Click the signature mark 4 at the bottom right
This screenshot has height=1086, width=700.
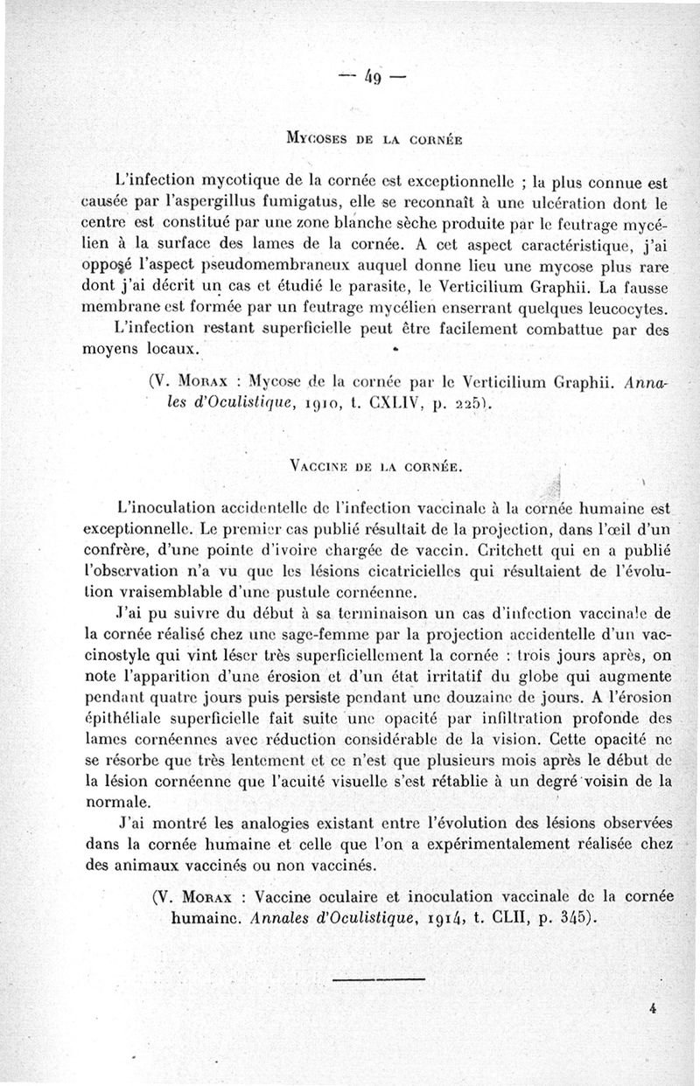pos(654,1008)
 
